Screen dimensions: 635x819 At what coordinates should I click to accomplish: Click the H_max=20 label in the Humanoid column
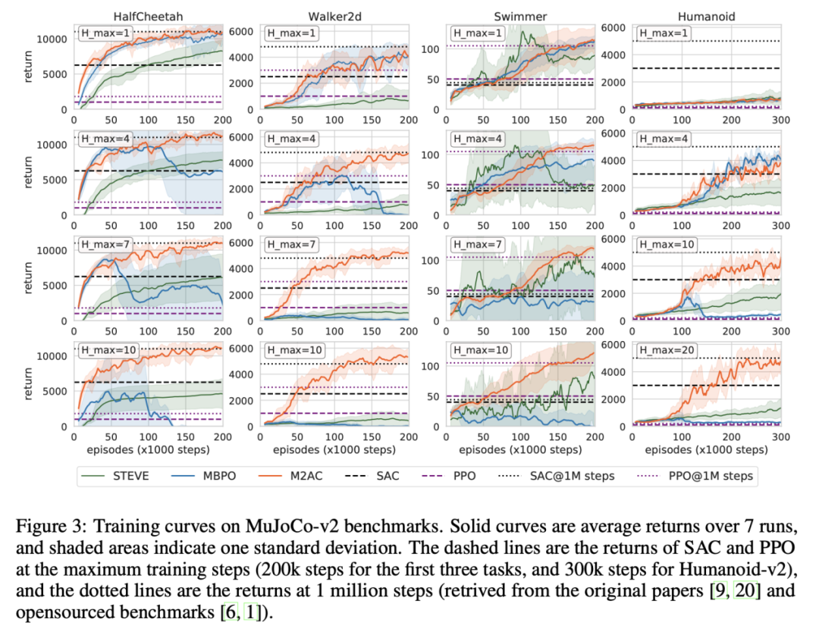click(665, 351)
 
